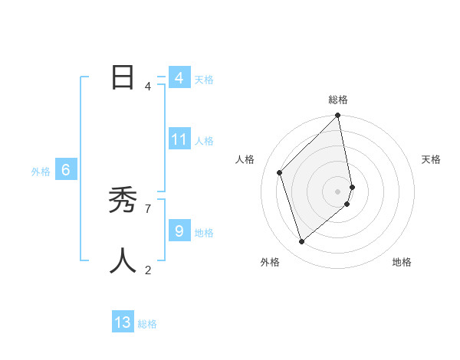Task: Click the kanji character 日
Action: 123,78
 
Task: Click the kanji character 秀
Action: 123,201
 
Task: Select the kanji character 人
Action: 123,261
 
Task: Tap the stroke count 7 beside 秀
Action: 148,208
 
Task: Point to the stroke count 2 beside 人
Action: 148,270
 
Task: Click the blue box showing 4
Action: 179,78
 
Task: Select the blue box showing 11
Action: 179,139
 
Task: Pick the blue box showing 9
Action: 179,231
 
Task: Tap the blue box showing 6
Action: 66,170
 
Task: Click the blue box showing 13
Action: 123,322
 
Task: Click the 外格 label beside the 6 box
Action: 41,172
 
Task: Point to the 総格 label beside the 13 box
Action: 147,324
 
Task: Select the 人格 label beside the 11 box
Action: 204,141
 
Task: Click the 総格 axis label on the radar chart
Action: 338,100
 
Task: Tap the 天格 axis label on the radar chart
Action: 431,159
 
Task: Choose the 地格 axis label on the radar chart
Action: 402,262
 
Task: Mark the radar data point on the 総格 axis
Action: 338,116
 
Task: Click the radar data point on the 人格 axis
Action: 280,172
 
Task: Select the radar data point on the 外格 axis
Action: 302,241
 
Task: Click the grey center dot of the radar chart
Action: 338,191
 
